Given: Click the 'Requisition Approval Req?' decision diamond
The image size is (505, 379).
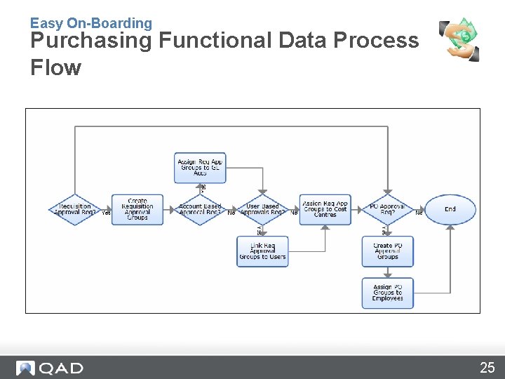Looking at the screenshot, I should (x=74, y=210).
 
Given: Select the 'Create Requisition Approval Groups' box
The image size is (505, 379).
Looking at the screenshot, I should (x=137, y=210).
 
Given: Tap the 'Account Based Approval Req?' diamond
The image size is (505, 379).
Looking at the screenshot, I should (x=200, y=210).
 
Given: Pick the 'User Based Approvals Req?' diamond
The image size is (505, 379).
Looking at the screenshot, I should (x=262, y=210).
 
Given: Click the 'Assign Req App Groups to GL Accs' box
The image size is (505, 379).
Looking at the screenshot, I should (x=200, y=168).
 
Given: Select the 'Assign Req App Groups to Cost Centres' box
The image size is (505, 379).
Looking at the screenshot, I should (x=325, y=210).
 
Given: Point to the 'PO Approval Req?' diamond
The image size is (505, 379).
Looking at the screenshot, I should (x=387, y=210).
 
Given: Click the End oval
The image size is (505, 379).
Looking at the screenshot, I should (x=450, y=209).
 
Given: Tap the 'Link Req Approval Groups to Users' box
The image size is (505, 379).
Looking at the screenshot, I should (x=262, y=251).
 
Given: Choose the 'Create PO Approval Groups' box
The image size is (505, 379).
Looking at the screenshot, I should (x=387, y=251).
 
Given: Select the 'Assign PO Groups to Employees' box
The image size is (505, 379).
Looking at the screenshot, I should (x=387, y=293).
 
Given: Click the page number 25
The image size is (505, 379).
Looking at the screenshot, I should (x=487, y=368).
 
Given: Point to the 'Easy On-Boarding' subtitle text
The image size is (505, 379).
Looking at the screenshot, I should (x=90, y=23).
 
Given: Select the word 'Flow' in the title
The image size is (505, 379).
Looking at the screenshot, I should (x=55, y=68).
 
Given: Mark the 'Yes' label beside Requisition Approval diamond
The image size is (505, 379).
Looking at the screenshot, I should (x=106, y=213).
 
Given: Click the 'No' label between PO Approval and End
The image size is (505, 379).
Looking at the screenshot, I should (x=419, y=213).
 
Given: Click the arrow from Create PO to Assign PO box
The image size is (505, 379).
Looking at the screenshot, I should (x=387, y=272).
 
